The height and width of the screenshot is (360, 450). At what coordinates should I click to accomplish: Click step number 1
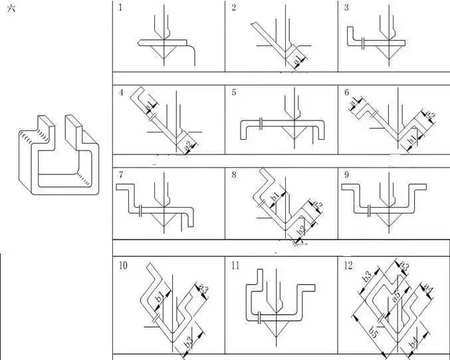120,8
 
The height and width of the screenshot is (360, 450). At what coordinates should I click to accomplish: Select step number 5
234,92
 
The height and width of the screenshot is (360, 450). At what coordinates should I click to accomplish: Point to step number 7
120,174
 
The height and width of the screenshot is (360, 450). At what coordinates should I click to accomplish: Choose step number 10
123,266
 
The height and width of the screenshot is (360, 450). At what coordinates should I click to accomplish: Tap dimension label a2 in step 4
188,145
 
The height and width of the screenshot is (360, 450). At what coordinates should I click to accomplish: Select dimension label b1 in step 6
412,140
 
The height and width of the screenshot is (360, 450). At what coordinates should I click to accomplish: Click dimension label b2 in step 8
300,231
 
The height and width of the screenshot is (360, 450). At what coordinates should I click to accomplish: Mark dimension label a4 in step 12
429,289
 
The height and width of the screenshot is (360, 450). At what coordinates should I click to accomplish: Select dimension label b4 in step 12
413,343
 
